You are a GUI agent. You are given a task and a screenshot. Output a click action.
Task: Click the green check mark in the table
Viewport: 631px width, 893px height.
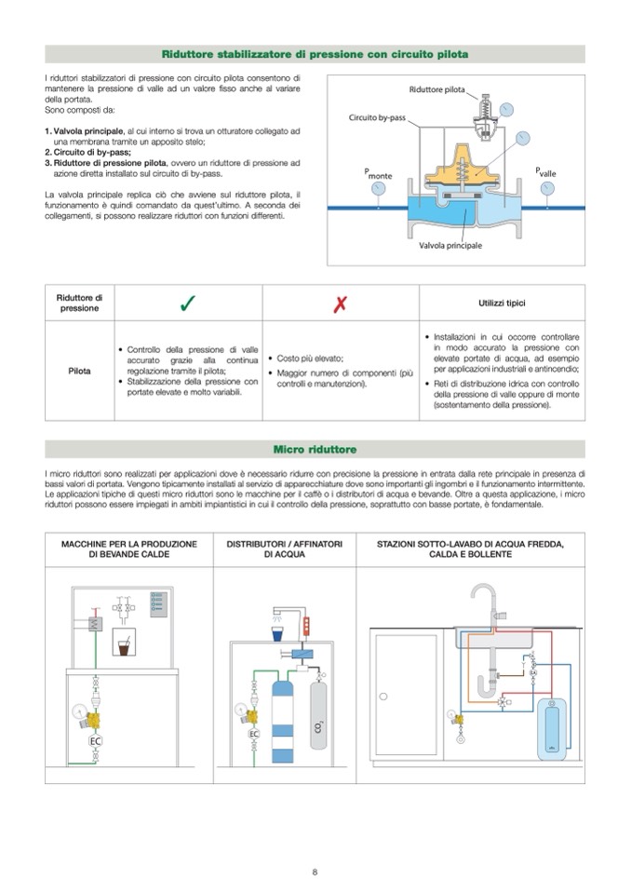pyautogui.click(x=187, y=303)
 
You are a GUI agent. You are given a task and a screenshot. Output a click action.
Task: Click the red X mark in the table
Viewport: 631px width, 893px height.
pyautogui.click(x=341, y=304)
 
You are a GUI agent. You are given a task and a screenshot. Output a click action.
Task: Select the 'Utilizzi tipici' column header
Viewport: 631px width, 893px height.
pyautogui.click(x=503, y=304)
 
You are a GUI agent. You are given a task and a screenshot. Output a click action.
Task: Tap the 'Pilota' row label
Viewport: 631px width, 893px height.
pyautogui.click(x=79, y=371)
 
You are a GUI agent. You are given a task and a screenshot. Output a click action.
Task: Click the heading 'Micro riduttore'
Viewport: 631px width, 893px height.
pyautogui.click(x=315, y=450)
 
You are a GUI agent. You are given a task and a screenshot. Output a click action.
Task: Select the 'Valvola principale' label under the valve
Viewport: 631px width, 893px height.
pyautogui.click(x=450, y=244)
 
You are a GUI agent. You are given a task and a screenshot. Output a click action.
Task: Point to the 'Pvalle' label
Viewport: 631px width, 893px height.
pyautogui.click(x=545, y=172)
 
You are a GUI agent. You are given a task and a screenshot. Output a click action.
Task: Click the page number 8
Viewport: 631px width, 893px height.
pyautogui.click(x=315, y=872)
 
